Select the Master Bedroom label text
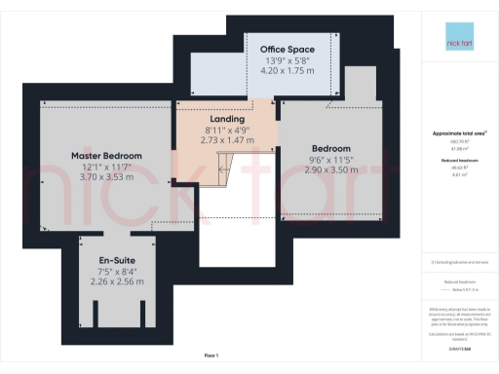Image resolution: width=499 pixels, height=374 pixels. [x=106, y=155]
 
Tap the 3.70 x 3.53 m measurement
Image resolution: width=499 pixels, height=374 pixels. [x=106, y=177]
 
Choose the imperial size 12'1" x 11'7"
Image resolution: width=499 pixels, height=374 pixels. [x=106, y=167]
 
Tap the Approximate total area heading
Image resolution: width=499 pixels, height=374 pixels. [x=459, y=132]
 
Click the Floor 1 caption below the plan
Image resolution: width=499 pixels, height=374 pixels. [x=211, y=355]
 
